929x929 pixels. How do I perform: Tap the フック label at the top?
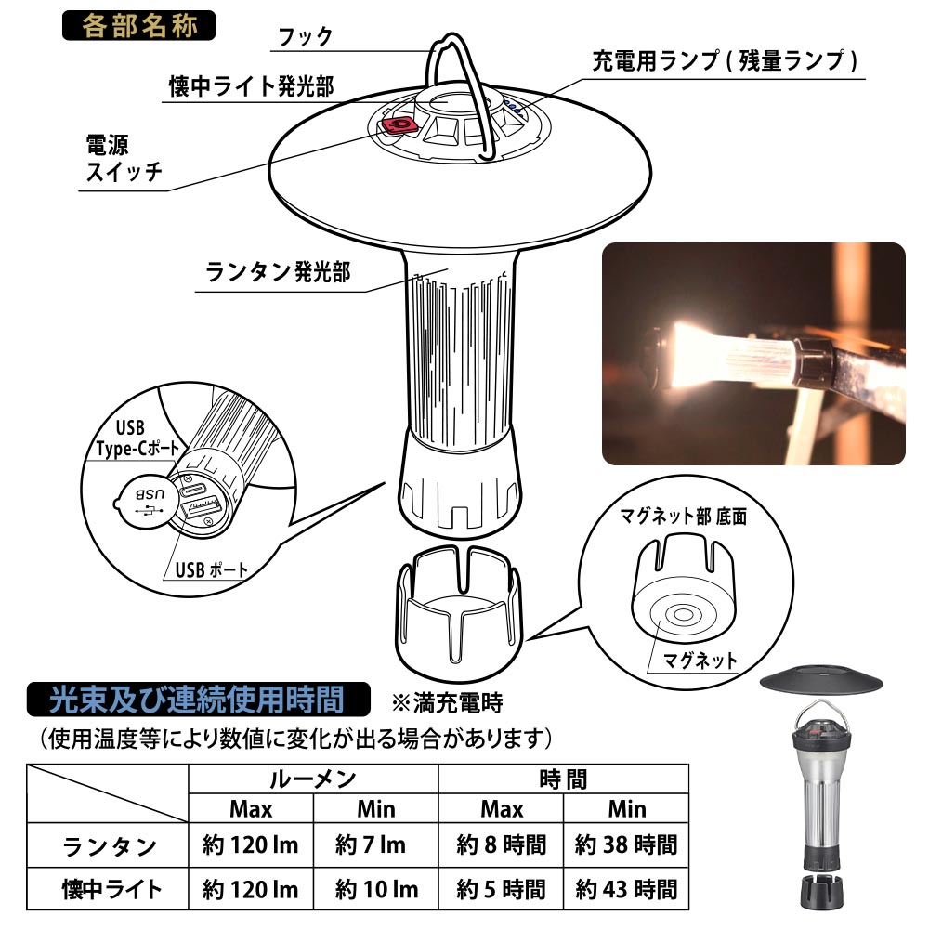tap(305, 37)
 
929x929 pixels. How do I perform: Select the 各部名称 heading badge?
tap(138, 25)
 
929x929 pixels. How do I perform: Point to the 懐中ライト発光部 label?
tap(251, 86)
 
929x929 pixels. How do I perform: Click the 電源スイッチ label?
tap(124, 158)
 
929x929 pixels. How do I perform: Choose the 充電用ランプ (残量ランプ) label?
tap(725, 60)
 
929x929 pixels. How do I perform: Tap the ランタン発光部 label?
tap(277, 272)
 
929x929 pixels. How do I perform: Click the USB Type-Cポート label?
tap(137, 438)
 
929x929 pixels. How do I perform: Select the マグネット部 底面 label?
tap(683, 516)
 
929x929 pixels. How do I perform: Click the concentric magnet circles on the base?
tap(683, 615)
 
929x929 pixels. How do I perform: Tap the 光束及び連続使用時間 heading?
tap(197, 700)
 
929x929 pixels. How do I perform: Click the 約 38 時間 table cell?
tap(625, 844)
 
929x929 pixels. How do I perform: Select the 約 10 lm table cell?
tap(375, 889)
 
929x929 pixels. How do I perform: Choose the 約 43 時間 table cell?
tap(625, 889)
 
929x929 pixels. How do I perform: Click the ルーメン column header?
tap(313, 779)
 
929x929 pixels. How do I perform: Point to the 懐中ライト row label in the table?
tap(111, 889)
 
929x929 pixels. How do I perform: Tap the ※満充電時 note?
tap(447, 703)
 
